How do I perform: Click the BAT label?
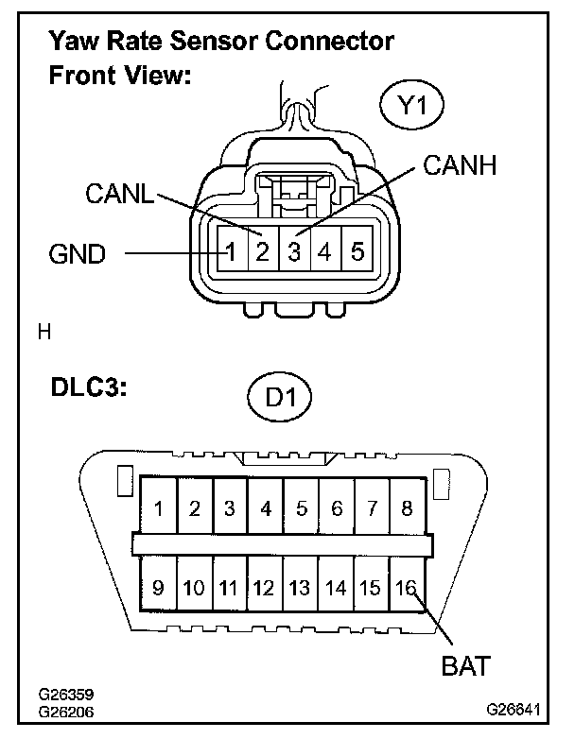[465, 666]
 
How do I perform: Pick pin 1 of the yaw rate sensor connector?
[229, 252]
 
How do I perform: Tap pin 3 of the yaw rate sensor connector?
[294, 252]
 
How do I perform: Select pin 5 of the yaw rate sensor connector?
[357, 252]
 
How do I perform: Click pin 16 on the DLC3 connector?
[407, 588]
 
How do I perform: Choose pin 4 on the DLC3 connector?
[266, 508]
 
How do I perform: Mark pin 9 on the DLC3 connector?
[158, 588]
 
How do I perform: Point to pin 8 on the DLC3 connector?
[407, 508]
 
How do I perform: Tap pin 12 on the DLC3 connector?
[265, 588]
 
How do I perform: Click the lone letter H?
[43, 332]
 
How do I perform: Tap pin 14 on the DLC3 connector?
[336, 588]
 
